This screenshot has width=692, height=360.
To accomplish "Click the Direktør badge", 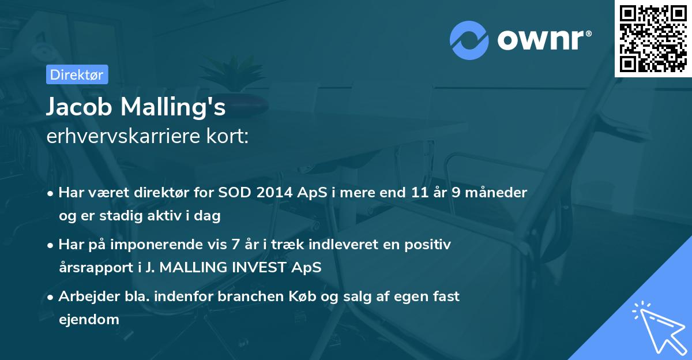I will click(76, 74).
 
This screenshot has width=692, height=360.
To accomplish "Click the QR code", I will click(653, 38).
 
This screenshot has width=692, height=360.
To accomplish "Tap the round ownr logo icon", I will click(469, 40).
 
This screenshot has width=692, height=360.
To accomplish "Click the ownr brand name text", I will click(543, 40).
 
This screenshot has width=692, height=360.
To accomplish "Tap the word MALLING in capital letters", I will click(189, 268).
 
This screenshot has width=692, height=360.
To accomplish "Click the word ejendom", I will click(89, 320).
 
